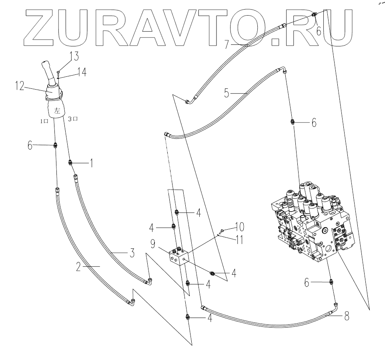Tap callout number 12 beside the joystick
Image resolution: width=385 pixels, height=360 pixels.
(x=20, y=85)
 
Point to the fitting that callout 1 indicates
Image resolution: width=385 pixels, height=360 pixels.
(x=70, y=162)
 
